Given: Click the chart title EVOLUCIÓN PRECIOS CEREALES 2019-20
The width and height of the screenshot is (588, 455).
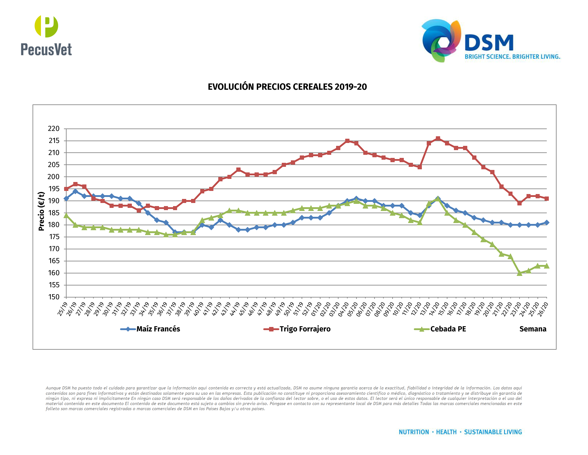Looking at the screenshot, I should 287,87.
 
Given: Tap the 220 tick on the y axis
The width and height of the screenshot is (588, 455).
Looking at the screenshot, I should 54,128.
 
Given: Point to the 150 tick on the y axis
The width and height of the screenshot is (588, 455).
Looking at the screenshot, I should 54,297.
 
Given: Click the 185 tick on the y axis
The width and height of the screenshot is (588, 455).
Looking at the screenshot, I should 54,213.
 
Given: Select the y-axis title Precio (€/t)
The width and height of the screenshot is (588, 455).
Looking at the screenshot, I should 41,211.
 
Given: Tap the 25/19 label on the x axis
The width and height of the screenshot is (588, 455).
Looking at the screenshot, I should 62,309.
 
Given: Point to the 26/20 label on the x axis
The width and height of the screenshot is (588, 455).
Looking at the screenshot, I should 543,309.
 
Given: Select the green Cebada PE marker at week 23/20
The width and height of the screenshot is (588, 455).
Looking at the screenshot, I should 520,273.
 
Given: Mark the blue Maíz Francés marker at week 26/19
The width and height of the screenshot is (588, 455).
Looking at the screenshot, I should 75,191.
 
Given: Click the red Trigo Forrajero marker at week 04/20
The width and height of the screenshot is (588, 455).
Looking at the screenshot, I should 347,141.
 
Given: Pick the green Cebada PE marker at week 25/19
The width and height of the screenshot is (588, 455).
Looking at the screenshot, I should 66,215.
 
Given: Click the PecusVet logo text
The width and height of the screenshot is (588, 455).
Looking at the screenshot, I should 46,50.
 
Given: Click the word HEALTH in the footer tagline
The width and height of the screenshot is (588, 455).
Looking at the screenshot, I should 446,432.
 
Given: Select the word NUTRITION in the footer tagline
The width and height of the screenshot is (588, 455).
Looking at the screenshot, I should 414,432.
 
